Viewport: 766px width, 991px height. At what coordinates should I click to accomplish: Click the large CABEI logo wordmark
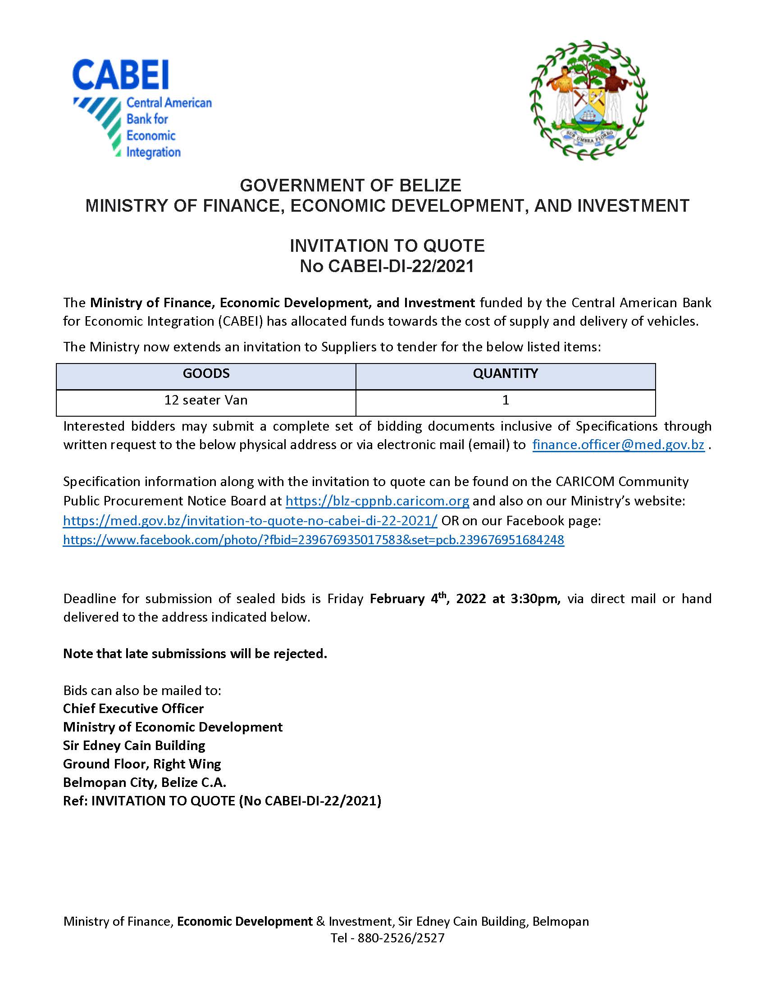point(120,75)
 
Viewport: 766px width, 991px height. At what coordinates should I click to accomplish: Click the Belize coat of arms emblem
point(588,100)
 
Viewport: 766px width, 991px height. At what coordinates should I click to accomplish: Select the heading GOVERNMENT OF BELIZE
point(350,186)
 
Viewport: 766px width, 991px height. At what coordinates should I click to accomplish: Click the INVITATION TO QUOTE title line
point(387,246)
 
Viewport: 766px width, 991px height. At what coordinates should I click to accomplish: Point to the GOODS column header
point(206,373)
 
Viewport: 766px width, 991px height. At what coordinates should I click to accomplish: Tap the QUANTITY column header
point(505,373)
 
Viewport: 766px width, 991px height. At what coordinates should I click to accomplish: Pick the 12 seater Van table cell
point(206,400)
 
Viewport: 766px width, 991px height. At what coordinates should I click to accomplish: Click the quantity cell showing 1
point(505,400)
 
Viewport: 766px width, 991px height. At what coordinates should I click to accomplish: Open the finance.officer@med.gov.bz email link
point(618,445)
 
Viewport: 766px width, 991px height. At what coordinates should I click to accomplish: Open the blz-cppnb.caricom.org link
point(377,501)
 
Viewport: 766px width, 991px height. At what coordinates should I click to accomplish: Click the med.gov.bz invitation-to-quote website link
point(250,520)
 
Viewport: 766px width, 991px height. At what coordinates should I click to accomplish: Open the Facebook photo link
point(313,540)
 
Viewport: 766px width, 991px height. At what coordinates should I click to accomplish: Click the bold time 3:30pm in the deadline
point(535,599)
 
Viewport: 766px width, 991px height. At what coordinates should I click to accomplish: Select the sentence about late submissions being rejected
point(195,654)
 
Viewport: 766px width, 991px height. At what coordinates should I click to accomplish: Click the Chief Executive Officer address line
point(133,709)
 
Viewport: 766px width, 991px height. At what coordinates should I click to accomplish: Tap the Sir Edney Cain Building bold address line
point(134,746)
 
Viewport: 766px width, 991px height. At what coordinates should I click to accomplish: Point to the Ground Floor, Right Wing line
point(142,764)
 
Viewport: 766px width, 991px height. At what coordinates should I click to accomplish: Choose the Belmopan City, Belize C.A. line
point(145,783)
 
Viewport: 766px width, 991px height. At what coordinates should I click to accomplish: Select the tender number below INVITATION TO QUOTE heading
point(387,266)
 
